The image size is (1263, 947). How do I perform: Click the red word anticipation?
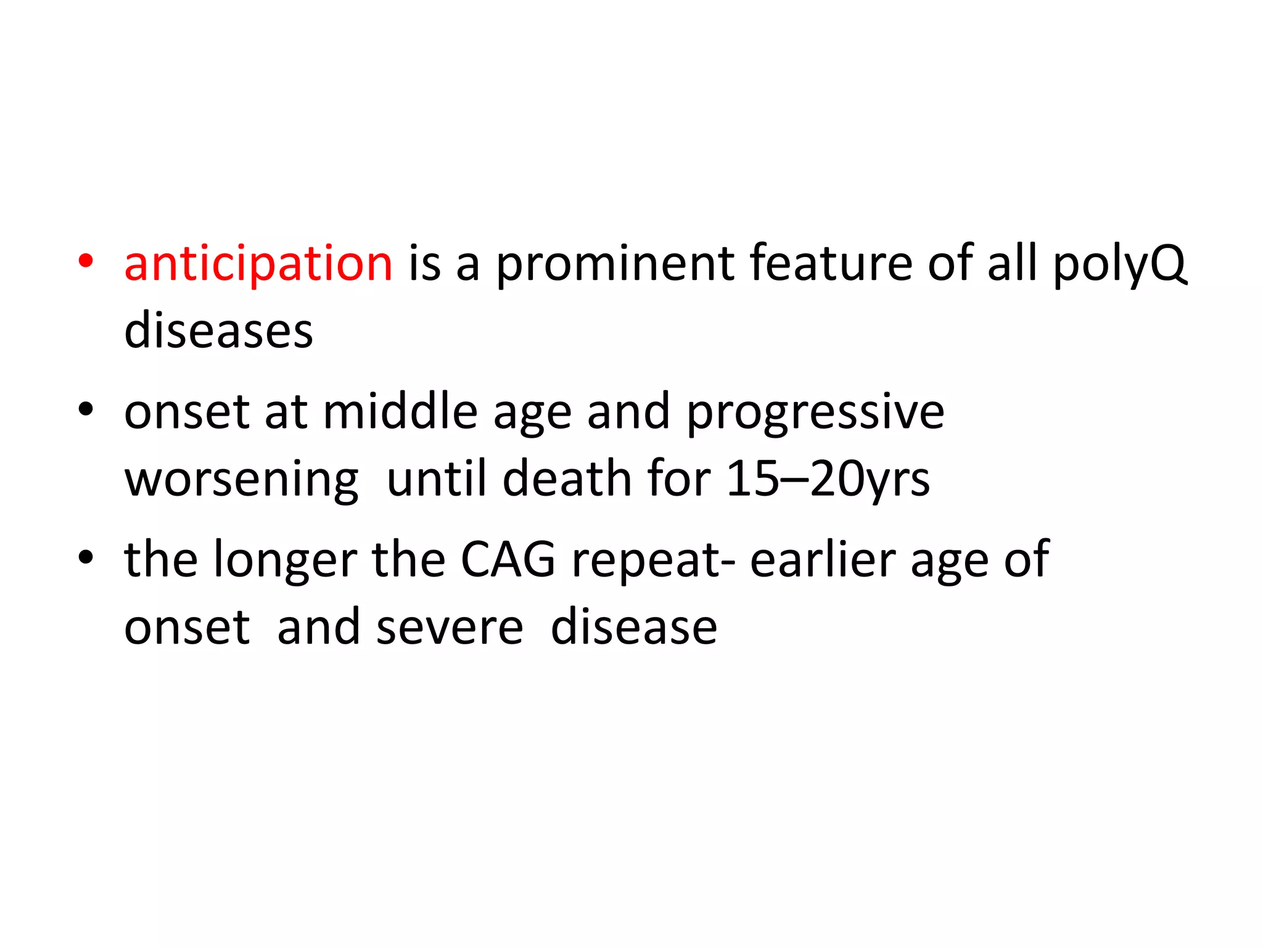click(x=258, y=264)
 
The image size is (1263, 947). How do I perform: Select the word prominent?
click(x=615, y=264)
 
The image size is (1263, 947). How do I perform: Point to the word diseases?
click(x=218, y=331)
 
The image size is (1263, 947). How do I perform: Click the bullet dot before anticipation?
click(x=86, y=261)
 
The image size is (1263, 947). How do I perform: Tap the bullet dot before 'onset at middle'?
click(x=86, y=409)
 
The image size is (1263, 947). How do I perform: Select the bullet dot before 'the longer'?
click(x=86, y=557)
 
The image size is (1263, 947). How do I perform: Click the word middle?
click(x=400, y=412)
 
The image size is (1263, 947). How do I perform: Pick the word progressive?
click(x=815, y=412)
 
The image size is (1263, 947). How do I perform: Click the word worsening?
click(x=241, y=480)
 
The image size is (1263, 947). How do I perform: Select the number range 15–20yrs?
click(x=828, y=480)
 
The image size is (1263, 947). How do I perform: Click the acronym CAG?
click(x=508, y=560)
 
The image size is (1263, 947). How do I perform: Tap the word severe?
click(x=450, y=628)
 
